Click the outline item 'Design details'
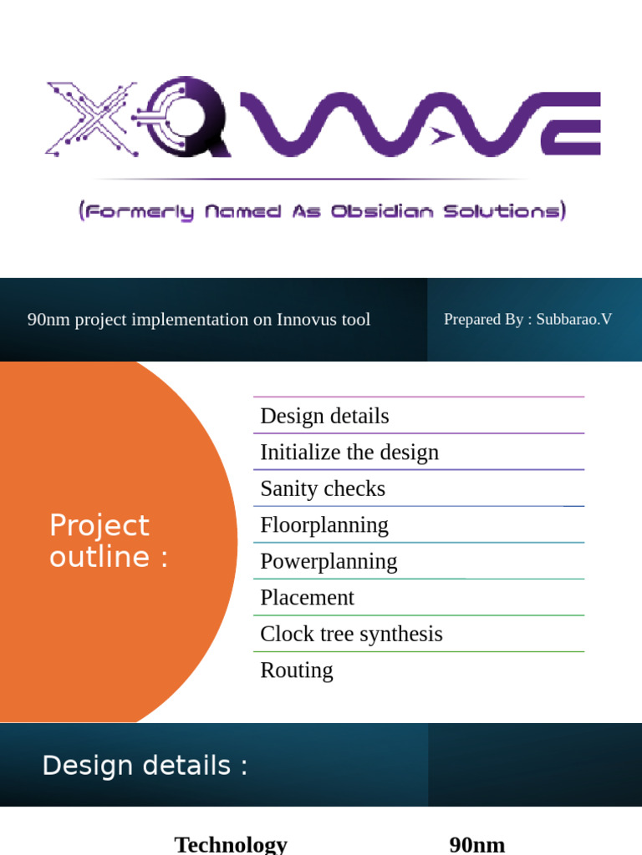324,416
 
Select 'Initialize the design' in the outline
349,453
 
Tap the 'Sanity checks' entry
323,488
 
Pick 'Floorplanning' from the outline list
324,525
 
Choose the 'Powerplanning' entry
329,561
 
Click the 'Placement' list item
307,598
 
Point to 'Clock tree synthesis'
351,634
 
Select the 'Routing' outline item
296,670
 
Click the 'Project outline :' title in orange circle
109,541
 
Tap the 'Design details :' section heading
145,766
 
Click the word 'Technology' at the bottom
231,844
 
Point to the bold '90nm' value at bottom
477,844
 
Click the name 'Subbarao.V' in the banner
574,319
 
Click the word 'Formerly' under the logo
140,212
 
